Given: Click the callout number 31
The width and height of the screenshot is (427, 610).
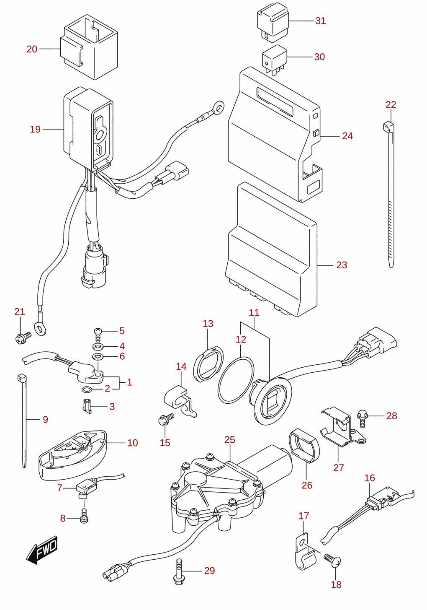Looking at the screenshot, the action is tap(320, 21).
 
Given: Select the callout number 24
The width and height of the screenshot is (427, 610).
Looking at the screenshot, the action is tap(347, 136).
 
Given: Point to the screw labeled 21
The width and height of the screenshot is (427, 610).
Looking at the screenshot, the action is tap(23, 337).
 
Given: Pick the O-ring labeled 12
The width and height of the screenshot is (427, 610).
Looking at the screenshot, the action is tap(236, 380).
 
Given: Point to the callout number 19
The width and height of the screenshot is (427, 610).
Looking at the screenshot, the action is tap(35, 129).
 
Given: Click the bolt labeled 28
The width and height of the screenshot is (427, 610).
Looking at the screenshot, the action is tap(362, 419).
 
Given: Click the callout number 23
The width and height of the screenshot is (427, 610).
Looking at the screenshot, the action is tap(342, 265).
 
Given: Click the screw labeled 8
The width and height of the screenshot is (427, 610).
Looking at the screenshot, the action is tap(84, 516).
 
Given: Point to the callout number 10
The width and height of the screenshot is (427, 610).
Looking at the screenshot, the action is tap(132, 443).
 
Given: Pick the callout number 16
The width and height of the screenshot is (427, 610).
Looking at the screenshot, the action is tap(370, 478).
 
